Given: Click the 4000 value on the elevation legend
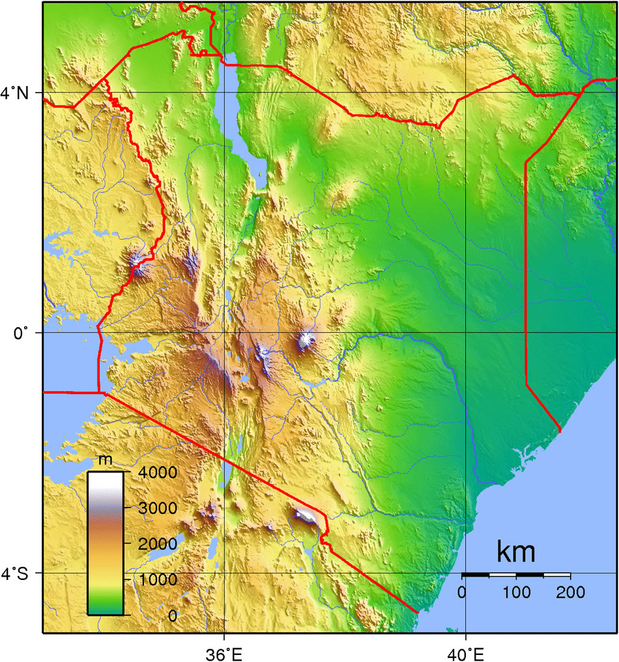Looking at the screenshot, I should click(154, 472).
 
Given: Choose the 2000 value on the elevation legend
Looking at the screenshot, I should click(154, 543).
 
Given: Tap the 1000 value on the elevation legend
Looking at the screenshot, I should click(154, 579).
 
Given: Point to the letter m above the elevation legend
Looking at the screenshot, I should click(105, 460).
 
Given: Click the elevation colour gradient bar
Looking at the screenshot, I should click(105, 543).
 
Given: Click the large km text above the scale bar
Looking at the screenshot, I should click(516, 552).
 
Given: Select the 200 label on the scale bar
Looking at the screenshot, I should click(571, 592).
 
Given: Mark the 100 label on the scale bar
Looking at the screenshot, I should click(516, 592).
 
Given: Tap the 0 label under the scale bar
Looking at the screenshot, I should click(462, 592).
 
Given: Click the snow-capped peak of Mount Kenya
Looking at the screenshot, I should click(305, 340).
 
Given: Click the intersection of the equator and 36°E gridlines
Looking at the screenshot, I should click(225, 333).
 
